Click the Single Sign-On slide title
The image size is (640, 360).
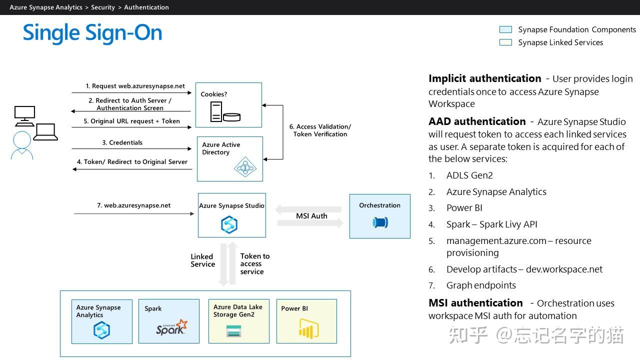92,33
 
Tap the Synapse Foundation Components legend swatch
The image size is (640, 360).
505,29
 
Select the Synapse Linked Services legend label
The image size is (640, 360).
560,42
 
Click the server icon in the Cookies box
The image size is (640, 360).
216,111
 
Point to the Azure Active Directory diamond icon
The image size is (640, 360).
245,168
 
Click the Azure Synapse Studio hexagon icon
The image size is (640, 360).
229,224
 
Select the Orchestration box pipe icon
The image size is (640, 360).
380,222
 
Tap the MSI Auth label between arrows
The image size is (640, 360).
311,216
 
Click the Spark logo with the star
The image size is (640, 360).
171,327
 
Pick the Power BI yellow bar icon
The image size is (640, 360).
308,328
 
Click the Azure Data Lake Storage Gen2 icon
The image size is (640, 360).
233,330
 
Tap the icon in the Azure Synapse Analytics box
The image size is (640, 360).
101,330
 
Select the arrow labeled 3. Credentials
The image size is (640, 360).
132,148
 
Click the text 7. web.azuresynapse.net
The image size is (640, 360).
133,205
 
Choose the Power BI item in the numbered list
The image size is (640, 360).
464,208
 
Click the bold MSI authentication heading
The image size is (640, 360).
475,303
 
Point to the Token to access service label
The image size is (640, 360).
254,263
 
